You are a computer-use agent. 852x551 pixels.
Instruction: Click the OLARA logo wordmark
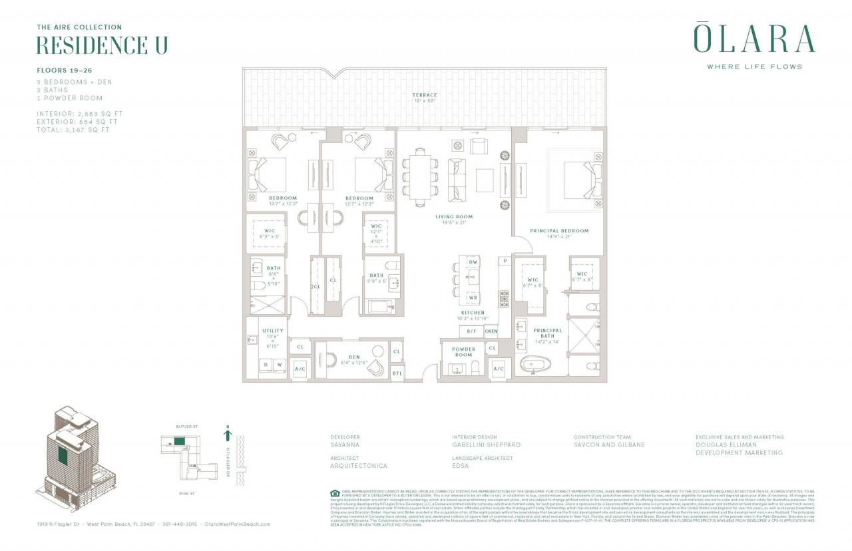754,39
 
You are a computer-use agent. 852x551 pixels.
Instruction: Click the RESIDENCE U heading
101,45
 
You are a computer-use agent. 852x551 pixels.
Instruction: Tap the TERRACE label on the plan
423,96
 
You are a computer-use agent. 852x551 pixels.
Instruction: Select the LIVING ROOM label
454,216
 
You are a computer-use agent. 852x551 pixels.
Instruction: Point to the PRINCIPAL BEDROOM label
559,231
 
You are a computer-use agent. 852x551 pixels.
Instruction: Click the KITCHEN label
473,312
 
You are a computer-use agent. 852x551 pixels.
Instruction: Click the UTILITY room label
273,331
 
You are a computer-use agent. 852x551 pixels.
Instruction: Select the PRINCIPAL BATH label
547,333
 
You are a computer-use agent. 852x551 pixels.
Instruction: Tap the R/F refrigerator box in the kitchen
471,331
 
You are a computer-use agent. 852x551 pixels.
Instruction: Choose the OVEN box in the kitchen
491,331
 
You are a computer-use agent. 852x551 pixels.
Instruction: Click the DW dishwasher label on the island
473,263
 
